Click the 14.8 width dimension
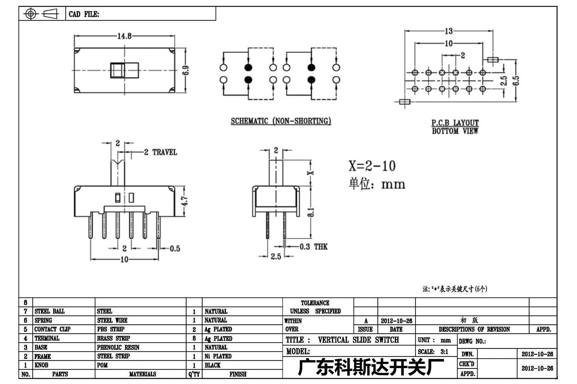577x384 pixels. [x=124, y=36]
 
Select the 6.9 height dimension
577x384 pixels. [x=186, y=70]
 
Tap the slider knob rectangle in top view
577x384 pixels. [x=125, y=70]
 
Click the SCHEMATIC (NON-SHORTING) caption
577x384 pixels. [x=281, y=121]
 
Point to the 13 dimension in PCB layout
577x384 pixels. [x=449, y=31]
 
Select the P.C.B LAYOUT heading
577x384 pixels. [x=455, y=123]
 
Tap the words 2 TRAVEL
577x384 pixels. [x=161, y=152]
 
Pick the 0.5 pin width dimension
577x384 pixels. [x=175, y=248]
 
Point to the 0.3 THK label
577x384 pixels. [x=314, y=247]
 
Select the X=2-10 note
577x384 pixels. [x=372, y=166]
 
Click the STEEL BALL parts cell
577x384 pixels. [x=50, y=311]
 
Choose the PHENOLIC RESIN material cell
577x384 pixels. [x=118, y=347]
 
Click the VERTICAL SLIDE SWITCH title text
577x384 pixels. [x=358, y=340]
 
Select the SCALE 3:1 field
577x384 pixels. [x=433, y=352]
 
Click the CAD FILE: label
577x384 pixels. [x=84, y=14]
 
